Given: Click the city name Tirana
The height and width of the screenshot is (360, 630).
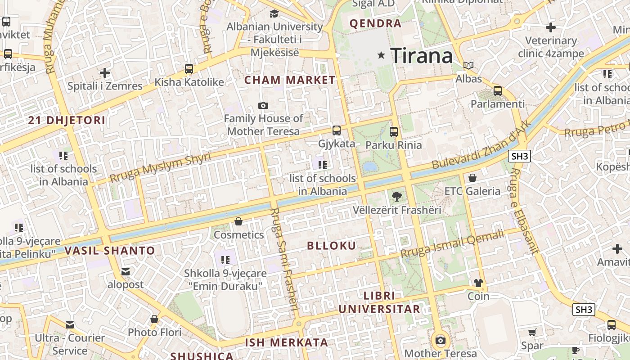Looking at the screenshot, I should (422, 56).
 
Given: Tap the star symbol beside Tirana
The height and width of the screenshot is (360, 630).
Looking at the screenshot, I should (382, 55).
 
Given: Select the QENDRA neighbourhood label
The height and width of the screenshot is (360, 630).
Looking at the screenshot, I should (375, 23).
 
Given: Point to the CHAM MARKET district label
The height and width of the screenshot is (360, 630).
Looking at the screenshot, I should (290, 80).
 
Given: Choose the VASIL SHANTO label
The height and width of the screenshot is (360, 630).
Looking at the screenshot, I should (110, 251).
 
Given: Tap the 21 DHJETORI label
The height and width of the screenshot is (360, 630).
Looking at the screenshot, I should (67, 120).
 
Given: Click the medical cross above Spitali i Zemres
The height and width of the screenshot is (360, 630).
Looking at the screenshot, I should (105, 72).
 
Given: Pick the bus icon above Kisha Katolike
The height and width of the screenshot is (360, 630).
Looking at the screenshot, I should (189, 69).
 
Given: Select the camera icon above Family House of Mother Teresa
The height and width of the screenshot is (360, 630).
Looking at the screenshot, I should (263, 106).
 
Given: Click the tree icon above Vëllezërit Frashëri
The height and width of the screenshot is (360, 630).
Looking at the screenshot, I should (396, 196).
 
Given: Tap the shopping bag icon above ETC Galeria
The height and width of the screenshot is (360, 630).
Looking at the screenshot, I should (472, 178).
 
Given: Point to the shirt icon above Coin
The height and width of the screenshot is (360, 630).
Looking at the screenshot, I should (478, 283).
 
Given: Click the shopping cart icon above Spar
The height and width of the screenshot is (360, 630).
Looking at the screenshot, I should (532, 333).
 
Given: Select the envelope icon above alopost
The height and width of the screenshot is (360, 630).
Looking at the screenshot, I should (125, 271).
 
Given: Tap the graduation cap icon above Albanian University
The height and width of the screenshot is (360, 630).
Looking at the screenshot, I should (274, 13).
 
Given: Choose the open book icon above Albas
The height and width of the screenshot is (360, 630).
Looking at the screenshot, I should (468, 65).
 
